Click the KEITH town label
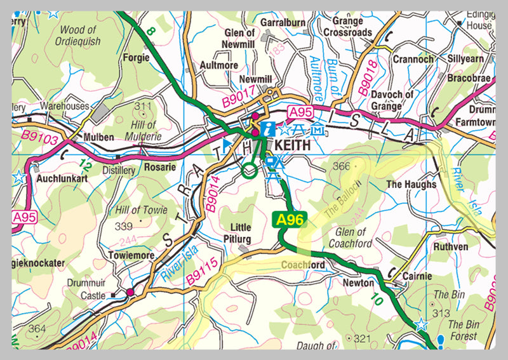293,145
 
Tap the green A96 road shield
290,220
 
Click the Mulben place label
98,137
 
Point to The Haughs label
411,184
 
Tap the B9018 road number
368,78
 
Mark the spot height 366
342,166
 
